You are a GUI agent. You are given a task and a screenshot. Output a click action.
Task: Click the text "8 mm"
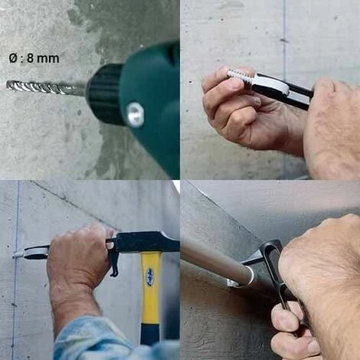pos(43,58)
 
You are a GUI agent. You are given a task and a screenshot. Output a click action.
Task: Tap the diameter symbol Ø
pos(13,58)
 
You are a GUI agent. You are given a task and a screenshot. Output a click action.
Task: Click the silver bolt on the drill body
pos(135,114)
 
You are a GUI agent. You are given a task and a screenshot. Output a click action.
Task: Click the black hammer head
pos(146,242)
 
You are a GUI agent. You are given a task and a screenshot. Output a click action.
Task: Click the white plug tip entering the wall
pos(18,254)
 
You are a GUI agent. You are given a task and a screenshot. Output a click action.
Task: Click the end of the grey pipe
pos(247,276)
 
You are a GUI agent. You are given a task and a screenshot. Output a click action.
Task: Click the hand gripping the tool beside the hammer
pos(79,258)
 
